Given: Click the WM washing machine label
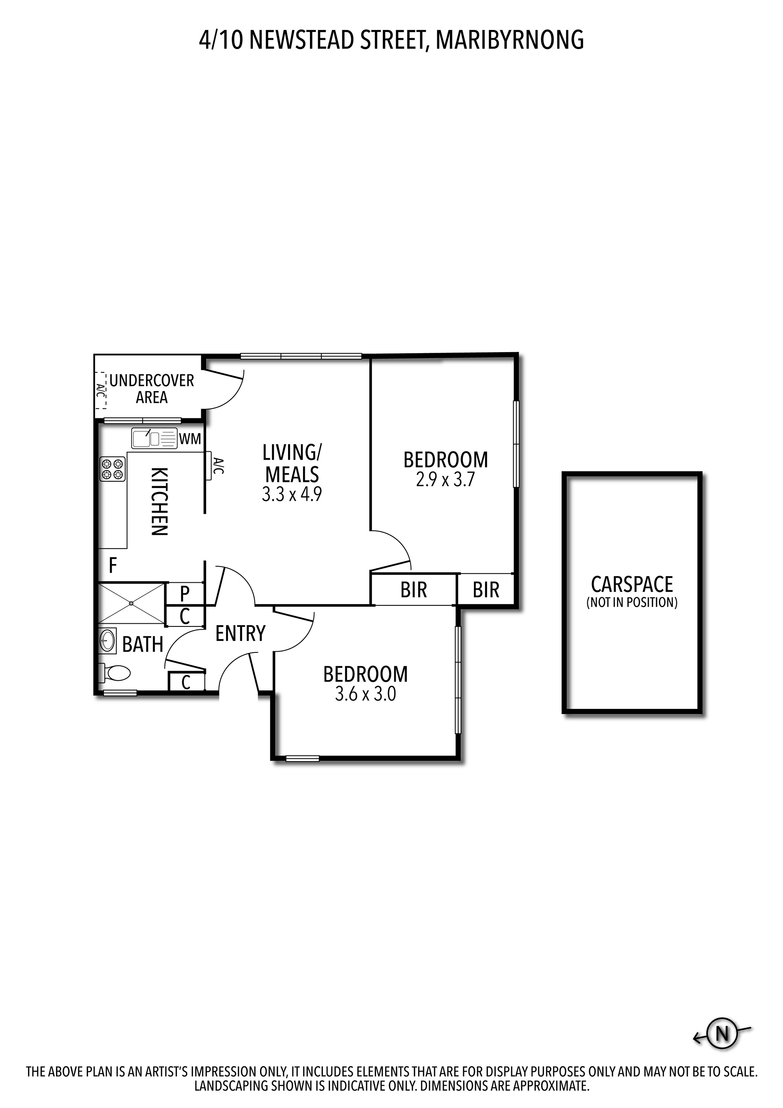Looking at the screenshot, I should [190, 439].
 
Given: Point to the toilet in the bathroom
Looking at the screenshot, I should [117, 673].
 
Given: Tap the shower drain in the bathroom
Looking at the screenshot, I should [131, 603].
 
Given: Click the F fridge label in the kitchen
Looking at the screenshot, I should [113, 565].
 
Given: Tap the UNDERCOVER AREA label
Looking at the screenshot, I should [152, 389].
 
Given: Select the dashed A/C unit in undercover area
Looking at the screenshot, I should [100, 390].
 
